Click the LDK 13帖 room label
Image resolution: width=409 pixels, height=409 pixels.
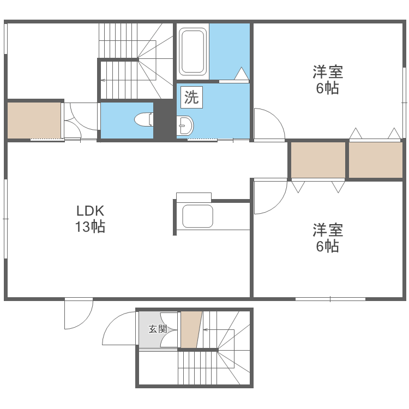click(90, 219)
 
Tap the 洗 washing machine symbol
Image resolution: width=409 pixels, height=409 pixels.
click(191, 98)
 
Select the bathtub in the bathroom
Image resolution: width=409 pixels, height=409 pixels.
click(193, 51)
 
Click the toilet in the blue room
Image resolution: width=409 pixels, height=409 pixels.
click(143, 119)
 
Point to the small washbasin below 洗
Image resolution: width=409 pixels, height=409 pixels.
click(185, 126)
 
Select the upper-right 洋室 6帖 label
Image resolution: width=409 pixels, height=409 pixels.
click(328, 80)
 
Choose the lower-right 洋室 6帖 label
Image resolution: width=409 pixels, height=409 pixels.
click(328, 238)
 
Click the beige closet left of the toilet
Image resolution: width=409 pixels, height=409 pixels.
click(34, 120)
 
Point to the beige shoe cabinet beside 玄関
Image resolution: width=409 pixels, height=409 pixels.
click(190, 328)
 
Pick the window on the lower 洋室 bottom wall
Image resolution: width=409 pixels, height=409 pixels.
click(330, 299)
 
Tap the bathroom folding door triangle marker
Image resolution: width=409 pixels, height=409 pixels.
click(242, 74)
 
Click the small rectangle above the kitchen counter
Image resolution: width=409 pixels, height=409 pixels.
click(194, 197)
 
